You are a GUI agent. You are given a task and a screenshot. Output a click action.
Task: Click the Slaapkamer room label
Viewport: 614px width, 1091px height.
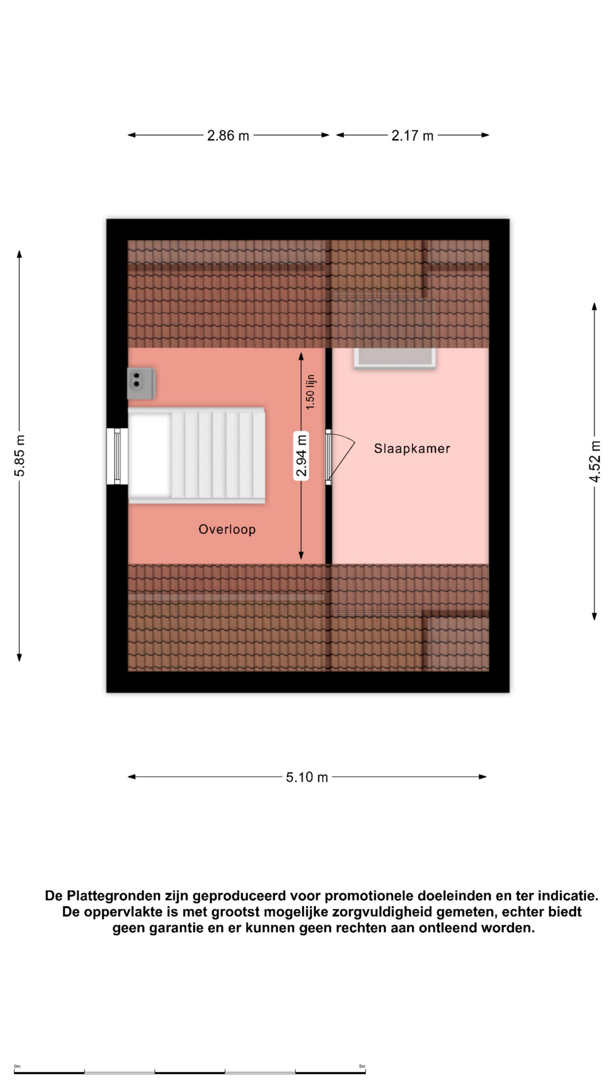tap(412, 448)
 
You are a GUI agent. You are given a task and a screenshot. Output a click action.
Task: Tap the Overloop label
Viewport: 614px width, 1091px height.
tap(227, 530)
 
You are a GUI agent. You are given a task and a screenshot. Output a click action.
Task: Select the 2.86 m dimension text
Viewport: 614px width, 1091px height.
tap(228, 136)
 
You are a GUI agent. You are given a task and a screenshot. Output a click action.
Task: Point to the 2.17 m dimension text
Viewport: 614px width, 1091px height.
tap(412, 136)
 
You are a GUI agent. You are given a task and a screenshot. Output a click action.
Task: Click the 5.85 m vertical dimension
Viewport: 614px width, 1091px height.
tap(20, 456)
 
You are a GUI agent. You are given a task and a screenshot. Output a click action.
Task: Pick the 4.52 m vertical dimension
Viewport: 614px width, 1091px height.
tap(595, 461)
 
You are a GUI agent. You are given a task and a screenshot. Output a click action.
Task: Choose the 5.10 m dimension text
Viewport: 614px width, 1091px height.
tap(307, 777)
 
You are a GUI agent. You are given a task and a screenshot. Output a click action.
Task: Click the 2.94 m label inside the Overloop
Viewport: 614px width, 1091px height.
tap(301, 455)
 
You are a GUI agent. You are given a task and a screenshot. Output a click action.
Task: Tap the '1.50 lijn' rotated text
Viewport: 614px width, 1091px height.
tap(310, 392)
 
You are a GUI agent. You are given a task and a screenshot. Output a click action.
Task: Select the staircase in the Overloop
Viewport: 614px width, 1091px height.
tap(197, 455)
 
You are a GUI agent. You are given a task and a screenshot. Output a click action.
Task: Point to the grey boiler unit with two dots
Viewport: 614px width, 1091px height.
tap(140, 383)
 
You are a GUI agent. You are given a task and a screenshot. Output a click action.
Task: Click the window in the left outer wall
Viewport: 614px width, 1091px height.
tap(117, 456)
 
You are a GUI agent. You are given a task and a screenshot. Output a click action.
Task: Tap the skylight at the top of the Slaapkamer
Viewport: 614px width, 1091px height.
tap(395, 359)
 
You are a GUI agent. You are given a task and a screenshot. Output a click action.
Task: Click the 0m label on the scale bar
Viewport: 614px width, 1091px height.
tap(17, 1066)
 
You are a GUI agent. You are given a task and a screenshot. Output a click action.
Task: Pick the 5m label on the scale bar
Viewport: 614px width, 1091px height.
tap(362, 1066)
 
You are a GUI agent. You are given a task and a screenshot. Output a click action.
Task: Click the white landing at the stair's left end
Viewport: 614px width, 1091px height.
tap(150, 455)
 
